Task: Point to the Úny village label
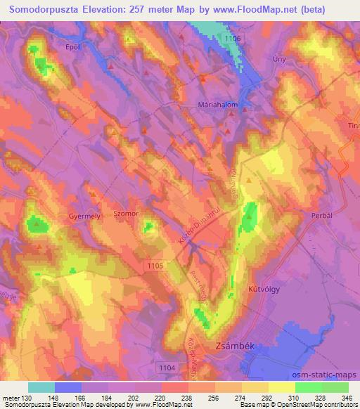(x=279, y=60)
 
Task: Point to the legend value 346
(x=336, y=396)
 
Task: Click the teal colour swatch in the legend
(x=42, y=387)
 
